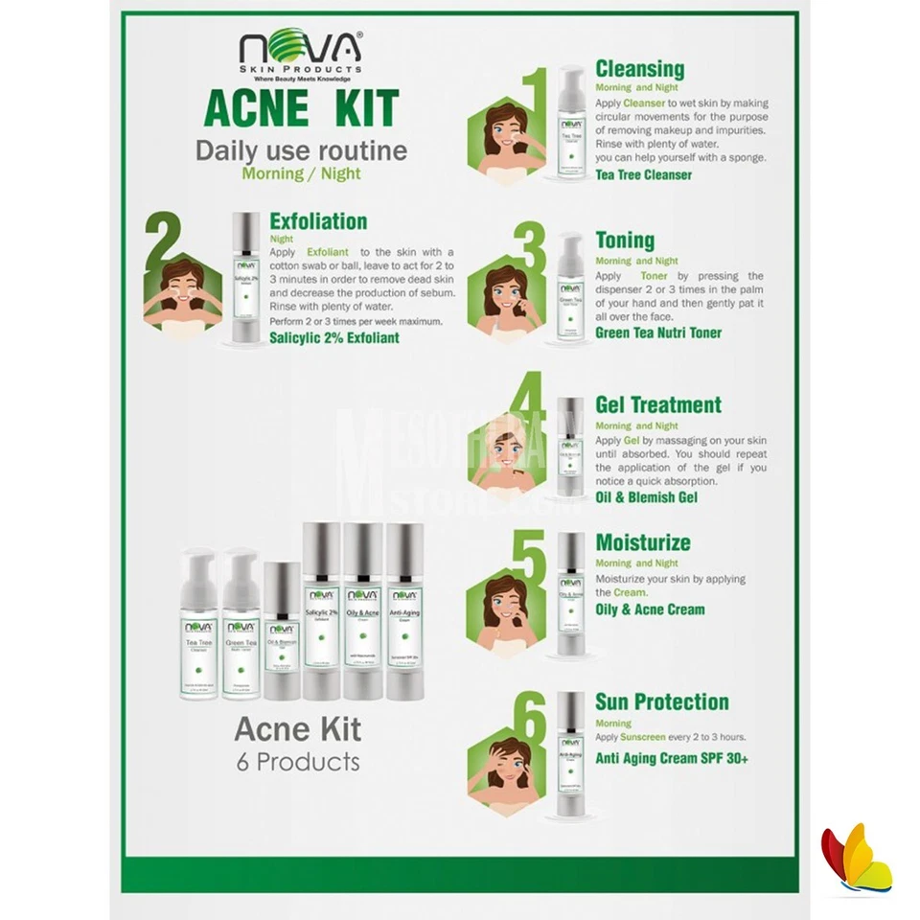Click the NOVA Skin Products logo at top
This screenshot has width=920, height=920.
coord(301,57)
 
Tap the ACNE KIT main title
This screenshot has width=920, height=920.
coord(301,109)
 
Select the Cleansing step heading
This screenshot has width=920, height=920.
coord(639,69)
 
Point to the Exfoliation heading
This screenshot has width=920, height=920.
coord(318,221)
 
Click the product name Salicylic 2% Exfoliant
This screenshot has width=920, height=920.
coord(333,338)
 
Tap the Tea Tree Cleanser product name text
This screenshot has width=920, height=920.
coord(643,175)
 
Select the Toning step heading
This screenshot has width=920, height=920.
coord(625,241)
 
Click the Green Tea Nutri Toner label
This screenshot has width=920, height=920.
coord(658,333)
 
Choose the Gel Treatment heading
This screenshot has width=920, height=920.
coord(658,404)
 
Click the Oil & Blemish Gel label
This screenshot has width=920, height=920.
coord(646,497)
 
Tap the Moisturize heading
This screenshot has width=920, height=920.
coord(642,542)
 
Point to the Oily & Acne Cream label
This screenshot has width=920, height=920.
coord(650,609)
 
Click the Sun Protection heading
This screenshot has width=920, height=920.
coord(661,701)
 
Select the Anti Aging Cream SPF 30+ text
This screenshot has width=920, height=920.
coord(672,759)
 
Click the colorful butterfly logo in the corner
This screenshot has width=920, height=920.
coord(856,860)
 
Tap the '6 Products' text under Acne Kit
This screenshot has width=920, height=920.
coord(298,763)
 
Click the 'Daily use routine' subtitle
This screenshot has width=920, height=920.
coord(301,151)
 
